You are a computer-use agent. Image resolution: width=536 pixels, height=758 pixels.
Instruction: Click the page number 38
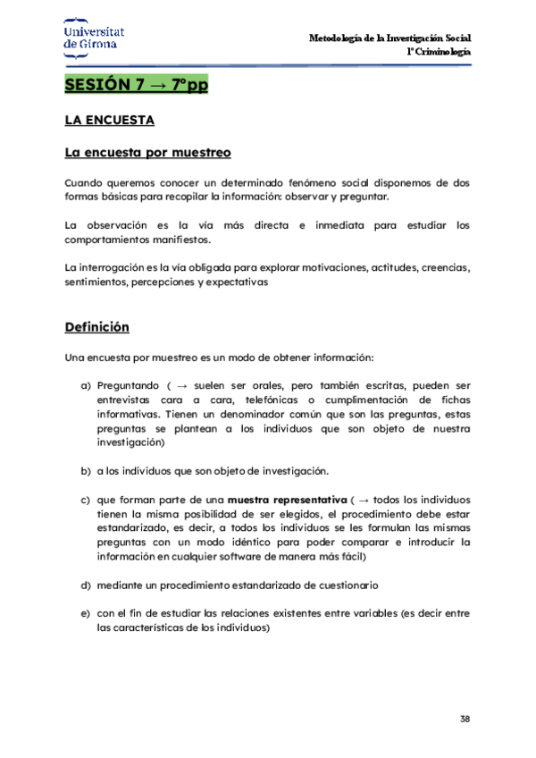pos(465,719)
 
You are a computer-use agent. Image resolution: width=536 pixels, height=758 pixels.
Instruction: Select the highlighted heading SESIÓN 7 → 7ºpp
pos(136,86)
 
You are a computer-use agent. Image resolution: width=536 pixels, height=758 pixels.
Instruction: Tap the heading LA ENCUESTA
pos(110,121)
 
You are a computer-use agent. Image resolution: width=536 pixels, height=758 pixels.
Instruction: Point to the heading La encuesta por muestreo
pos(147,152)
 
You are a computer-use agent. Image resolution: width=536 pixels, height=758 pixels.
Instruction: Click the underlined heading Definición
pos(96,327)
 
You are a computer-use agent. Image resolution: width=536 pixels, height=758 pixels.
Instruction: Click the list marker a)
pos(86,385)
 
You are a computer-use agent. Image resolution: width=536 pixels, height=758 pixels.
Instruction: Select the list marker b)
pos(86,470)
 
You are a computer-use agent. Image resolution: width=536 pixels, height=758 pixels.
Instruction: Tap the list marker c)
pos(86,499)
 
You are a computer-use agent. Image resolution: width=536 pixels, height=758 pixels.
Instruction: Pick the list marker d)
pos(86,585)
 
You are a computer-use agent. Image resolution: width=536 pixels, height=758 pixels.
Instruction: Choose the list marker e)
pos(86,613)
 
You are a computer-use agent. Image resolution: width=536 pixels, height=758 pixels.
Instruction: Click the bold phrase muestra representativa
pos(286,499)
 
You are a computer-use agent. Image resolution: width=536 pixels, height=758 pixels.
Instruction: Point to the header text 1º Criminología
pos(440,52)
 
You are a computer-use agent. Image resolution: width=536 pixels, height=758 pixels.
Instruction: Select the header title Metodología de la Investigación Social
pos(389,38)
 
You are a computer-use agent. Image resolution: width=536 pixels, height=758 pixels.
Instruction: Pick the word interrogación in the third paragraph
pos(117,267)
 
